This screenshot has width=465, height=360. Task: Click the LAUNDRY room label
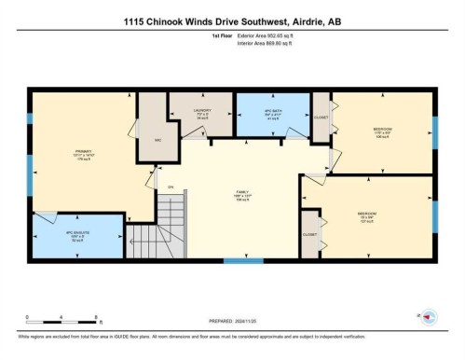coord(202,113)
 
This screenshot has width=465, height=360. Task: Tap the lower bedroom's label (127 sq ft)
coord(367,216)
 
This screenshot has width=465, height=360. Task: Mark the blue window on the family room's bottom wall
coord(242,261)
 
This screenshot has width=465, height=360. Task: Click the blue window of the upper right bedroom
coord(434,133)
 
